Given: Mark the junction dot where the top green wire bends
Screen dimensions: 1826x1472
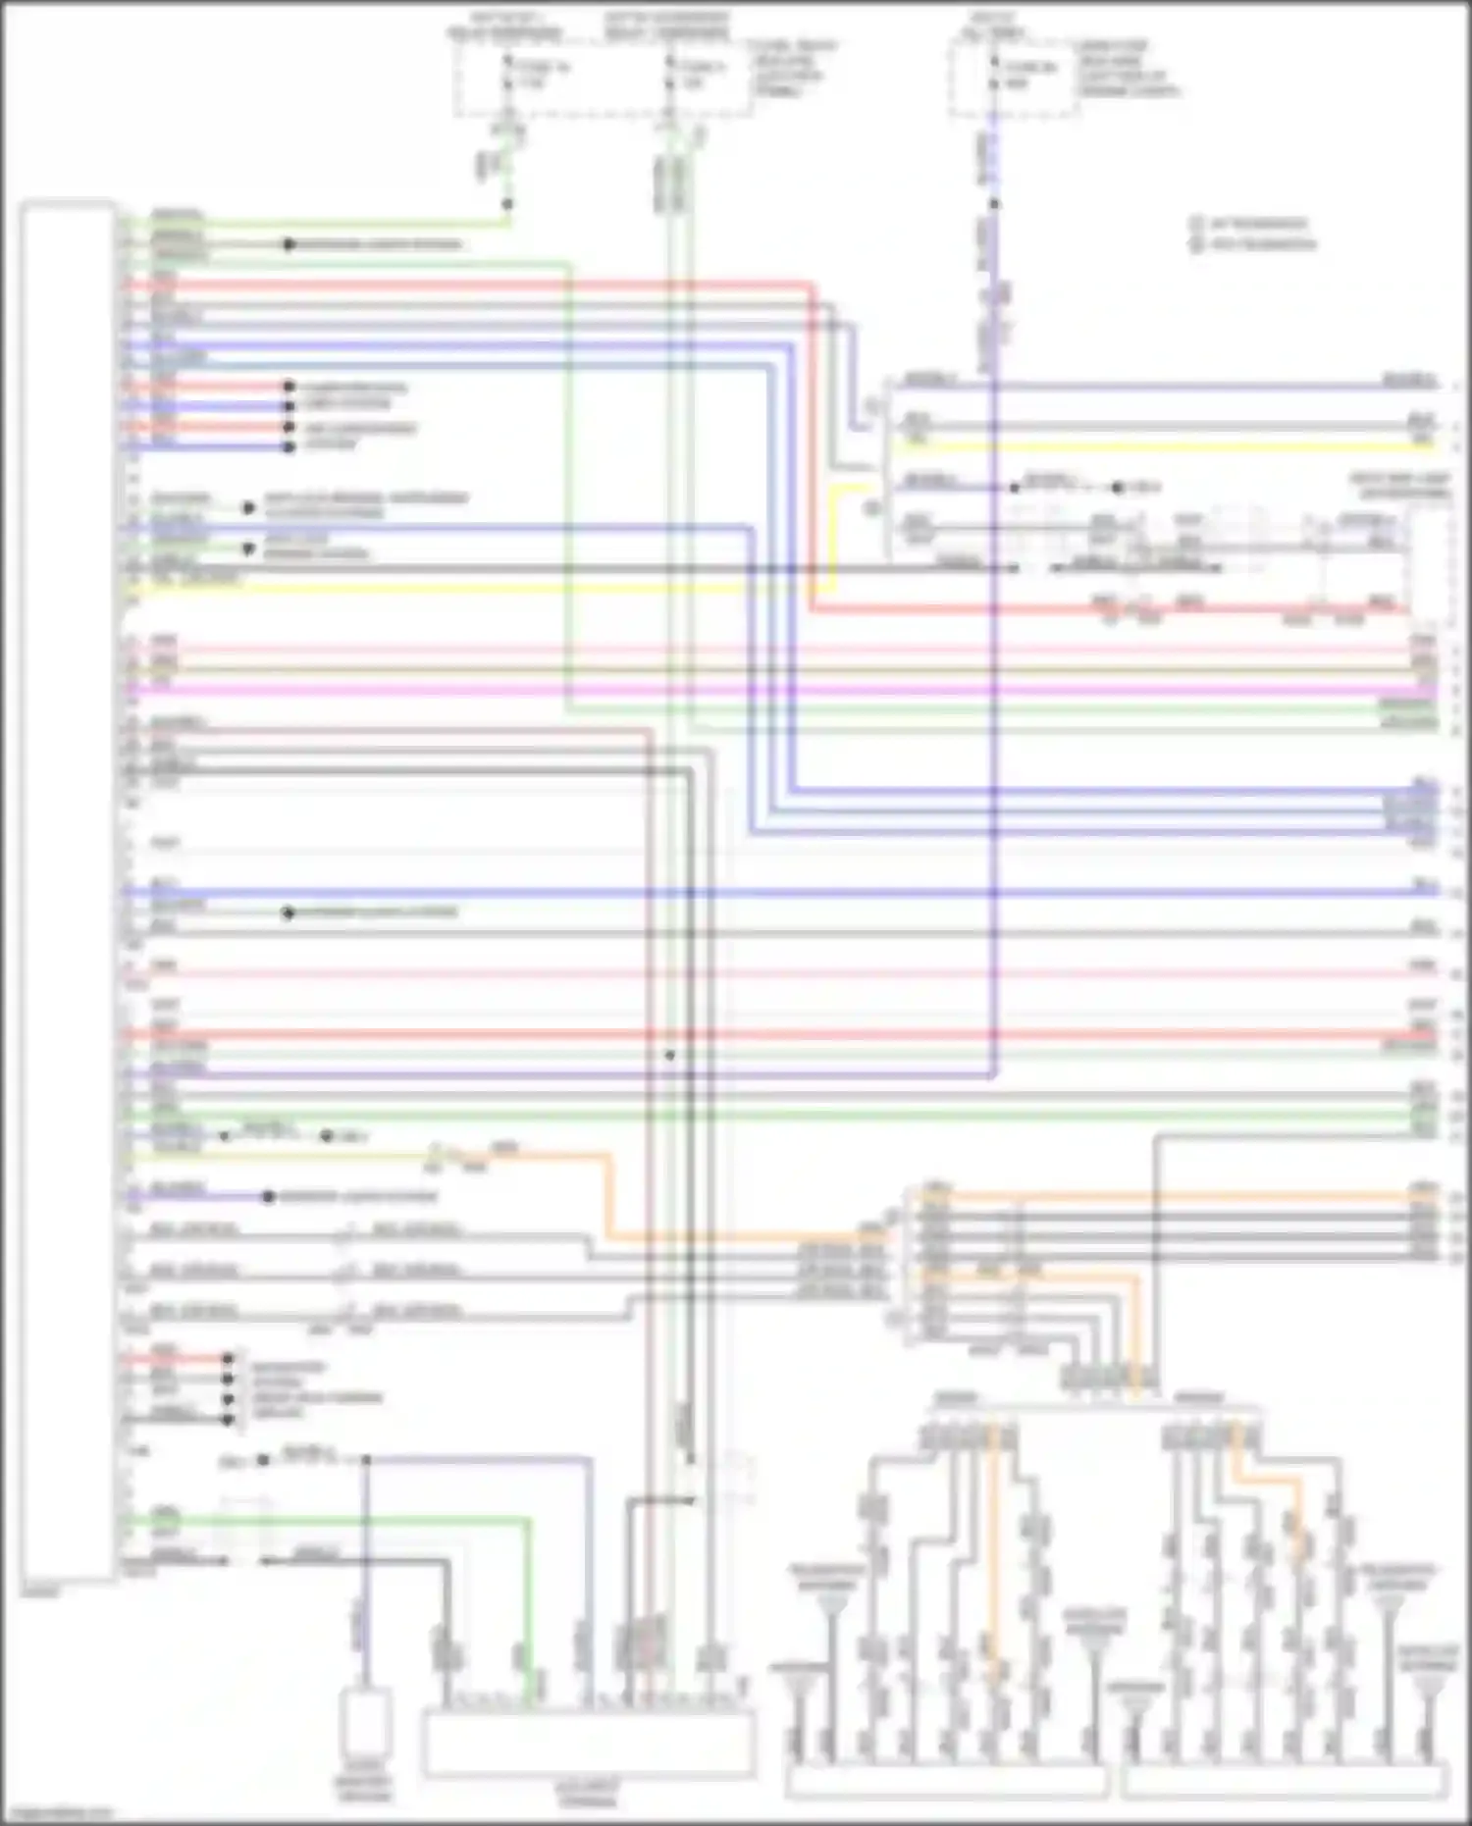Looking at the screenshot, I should (507, 204).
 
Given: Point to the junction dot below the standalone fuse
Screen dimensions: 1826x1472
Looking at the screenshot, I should (994, 204).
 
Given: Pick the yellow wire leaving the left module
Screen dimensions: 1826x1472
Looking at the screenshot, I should (442, 589).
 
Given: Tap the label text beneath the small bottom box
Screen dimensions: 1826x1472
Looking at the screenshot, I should (365, 1788).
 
